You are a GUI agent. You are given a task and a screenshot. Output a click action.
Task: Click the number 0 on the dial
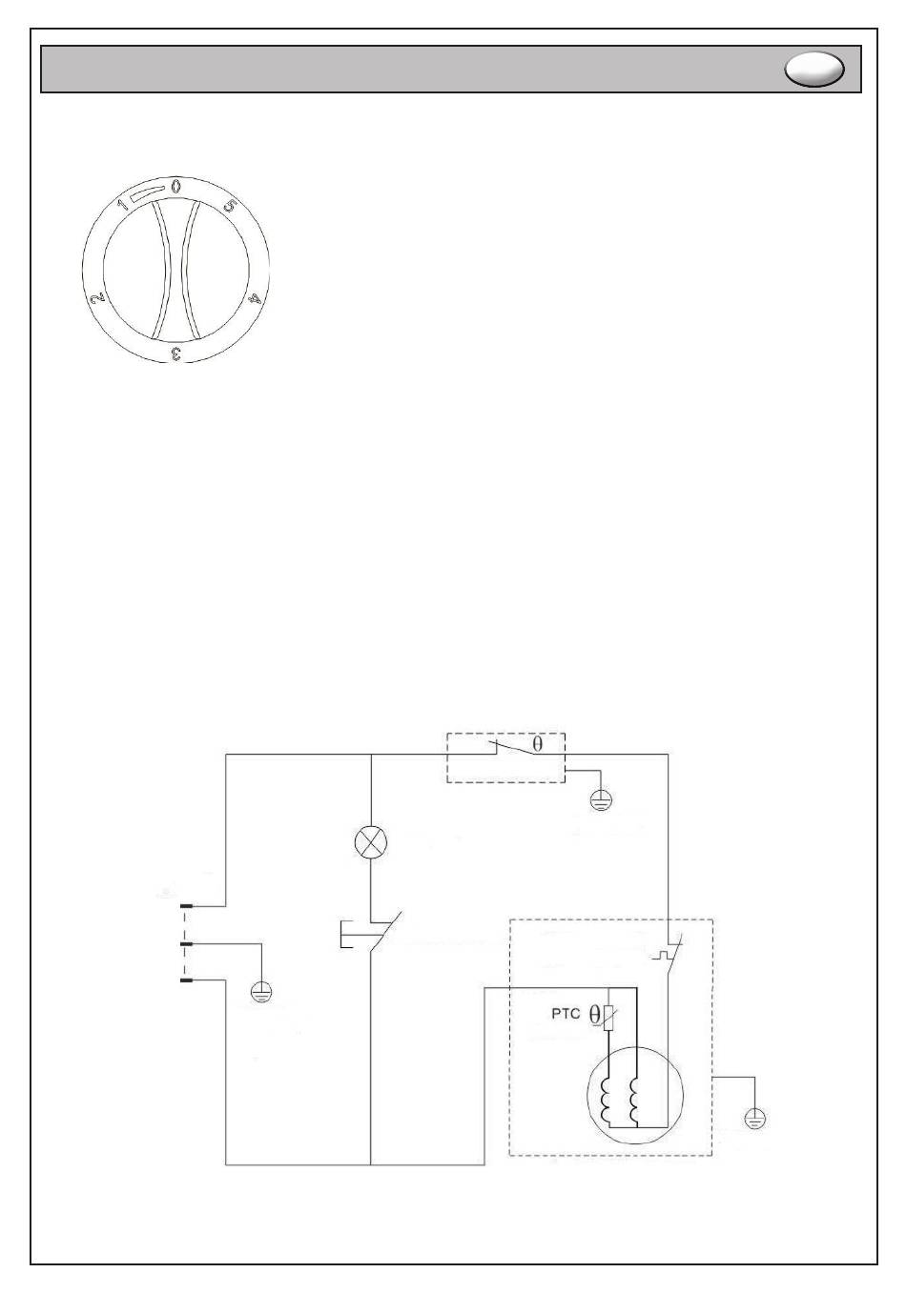(175, 186)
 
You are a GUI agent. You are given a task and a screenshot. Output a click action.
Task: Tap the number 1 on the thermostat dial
(123, 204)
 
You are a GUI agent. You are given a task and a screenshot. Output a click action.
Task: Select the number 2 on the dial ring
(97, 298)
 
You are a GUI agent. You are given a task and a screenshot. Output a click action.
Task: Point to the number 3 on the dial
(175, 354)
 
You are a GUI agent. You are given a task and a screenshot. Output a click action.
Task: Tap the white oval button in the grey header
(814, 69)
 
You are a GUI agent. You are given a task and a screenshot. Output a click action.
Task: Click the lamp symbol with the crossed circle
(370, 842)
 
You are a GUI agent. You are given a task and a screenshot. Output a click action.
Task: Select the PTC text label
(566, 1014)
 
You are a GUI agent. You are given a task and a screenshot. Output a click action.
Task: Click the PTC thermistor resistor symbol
(608, 1018)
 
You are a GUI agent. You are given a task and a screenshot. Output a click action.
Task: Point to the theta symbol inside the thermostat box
(537, 744)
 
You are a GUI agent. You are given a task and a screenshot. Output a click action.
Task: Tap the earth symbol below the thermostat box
(601, 800)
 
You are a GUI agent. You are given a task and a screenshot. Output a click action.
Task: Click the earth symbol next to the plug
(261, 993)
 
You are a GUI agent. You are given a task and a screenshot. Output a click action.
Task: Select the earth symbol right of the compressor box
(754, 1120)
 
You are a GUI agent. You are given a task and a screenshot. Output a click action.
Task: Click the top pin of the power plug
(186, 907)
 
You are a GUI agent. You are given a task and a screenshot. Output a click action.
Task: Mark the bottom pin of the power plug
(186, 980)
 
